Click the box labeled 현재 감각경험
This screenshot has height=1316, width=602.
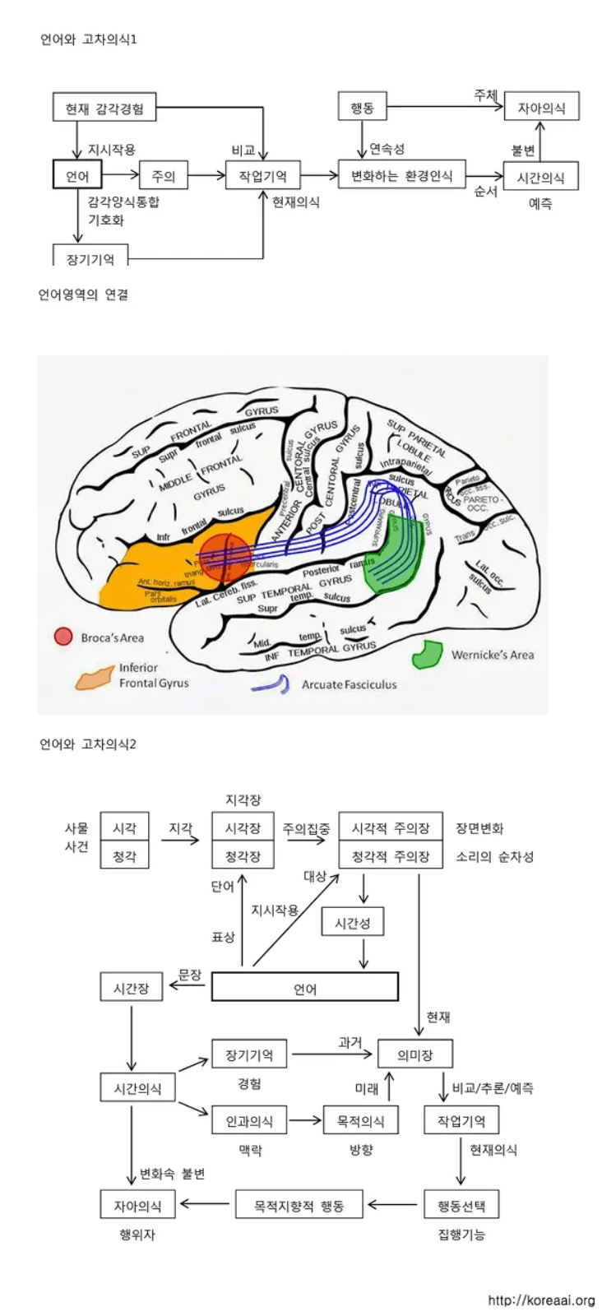pos(104,108)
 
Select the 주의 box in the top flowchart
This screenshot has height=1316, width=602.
pos(163,175)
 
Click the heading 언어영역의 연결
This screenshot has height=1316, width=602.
pos(83,294)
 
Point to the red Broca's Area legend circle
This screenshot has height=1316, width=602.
pos(63,637)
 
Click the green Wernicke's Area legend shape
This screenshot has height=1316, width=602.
pos(428,654)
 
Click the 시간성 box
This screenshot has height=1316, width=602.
pos(352,923)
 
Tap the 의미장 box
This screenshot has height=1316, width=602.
pos(414,1054)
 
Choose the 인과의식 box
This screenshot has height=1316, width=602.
pos(249,1120)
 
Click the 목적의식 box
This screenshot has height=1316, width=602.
pos(360,1120)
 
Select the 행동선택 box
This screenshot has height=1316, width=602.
pos(461,1206)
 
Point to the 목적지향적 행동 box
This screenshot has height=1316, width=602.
pos(299,1206)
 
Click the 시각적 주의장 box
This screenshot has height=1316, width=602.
pos(391,828)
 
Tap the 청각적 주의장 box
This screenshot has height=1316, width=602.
pos(391,856)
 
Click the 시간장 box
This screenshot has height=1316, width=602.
pos(131,988)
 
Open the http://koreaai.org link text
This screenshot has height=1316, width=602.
pos(540,1300)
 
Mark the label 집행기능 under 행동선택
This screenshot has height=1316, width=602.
pos(461,1235)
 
